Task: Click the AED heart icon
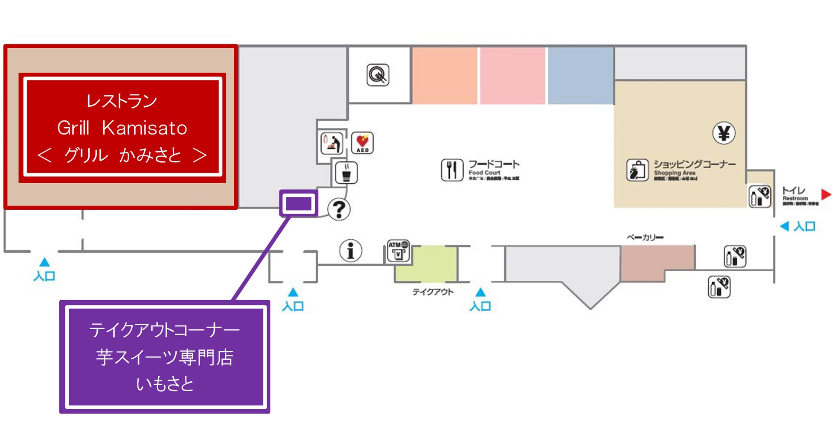[x=362, y=142]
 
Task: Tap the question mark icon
[x=339, y=209]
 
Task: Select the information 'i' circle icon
[x=350, y=250]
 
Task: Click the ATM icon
[x=398, y=250]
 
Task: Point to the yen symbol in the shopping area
[x=724, y=133]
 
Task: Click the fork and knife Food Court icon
[x=452, y=170]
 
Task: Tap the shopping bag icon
[x=637, y=170]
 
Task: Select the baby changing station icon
[x=332, y=143]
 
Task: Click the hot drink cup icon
[x=346, y=173]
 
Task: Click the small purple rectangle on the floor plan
[x=299, y=203]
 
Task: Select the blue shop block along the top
[x=580, y=75]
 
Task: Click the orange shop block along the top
[x=444, y=75]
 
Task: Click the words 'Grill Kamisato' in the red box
[x=122, y=128]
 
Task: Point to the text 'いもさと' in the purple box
[x=165, y=384]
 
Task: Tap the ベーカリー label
[x=645, y=237]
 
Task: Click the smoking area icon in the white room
[x=378, y=75]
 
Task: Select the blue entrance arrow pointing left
[x=784, y=226]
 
